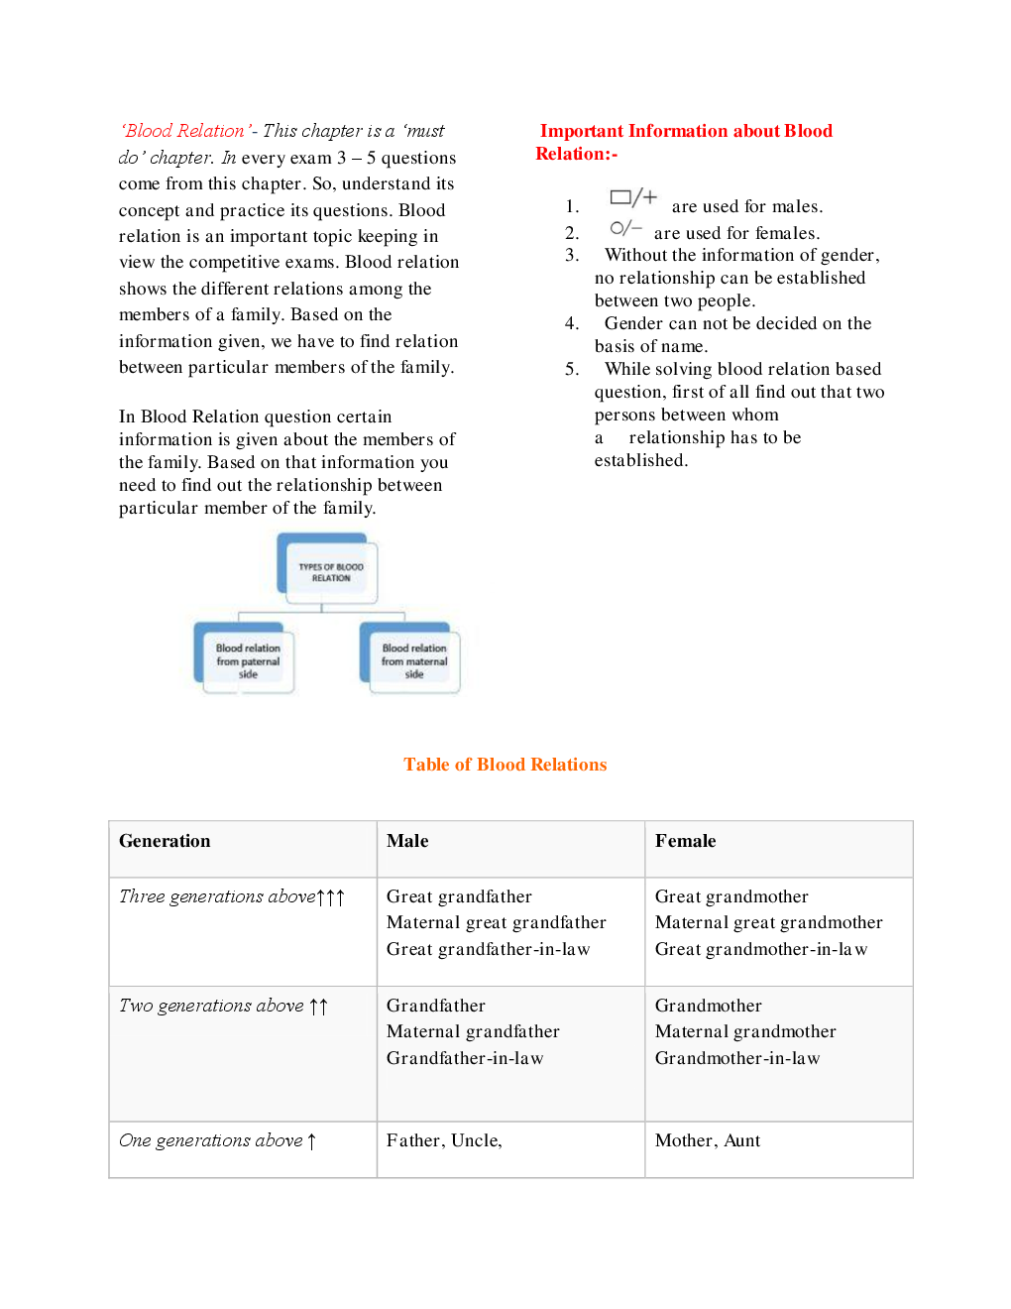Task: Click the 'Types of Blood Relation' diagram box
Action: pyautogui.click(x=329, y=571)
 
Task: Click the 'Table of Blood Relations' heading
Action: pyautogui.click(x=505, y=765)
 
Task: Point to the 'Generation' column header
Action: pyautogui.click(x=165, y=841)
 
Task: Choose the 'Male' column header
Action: pyautogui.click(x=407, y=841)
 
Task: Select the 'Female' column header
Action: pyautogui.click(x=685, y=841)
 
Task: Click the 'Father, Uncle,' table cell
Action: pyautogui.click(x=444, y=1140)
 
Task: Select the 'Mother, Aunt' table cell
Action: pyautogui.click(x=708, y=1140)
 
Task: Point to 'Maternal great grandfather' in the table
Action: pyautogui.click(x=496, y=922)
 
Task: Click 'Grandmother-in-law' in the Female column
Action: pyautogui.click(x=737, y=1058)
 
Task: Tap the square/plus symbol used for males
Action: pyautogui.click(x=633, y=197)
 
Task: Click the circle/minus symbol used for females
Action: pyautogui.click(x=625, y=228)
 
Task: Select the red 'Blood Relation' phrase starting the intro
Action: pyautogui.click(x=184, y=131)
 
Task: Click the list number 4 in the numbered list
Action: pyautogui.click(x=572, y=323)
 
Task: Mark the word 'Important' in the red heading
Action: pyautogui.click(x=581, y=131)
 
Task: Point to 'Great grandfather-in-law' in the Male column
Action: pyautogui.click(x=488, y=949)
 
